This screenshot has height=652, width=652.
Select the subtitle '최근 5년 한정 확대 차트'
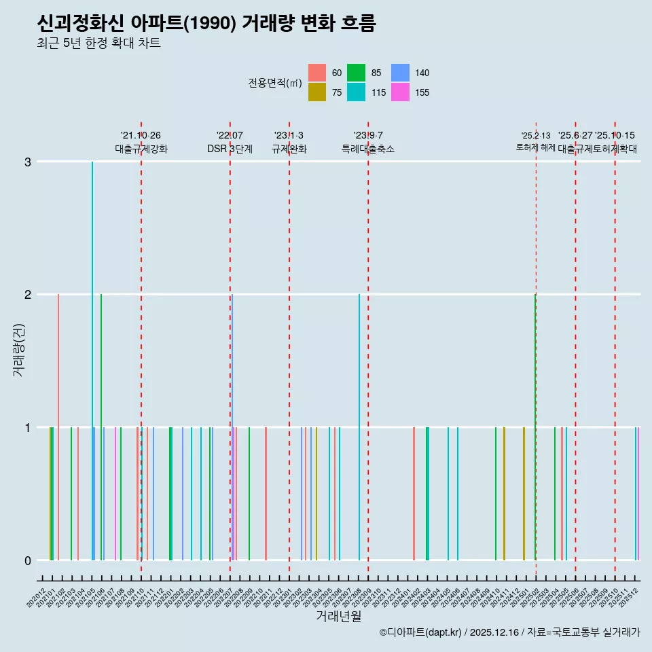pyautogui.click(x=99, y=44)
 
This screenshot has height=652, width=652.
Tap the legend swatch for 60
pyautogui.click(x=317, y=73)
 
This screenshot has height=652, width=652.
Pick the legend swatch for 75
pyautogui.click(x=317, y=92)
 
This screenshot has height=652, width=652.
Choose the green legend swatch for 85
pyautogui.click(x=356, y=73)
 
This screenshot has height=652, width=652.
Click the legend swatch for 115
pyautogui.click(x=356, y=92)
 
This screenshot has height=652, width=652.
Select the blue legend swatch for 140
pyautogui.click(x=401, y=73)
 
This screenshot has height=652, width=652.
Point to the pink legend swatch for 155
pyautogui.click(x=401, y=92)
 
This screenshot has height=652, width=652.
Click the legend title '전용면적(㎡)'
pyautogui.click(x=275, y=83)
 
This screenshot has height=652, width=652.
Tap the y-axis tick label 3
pyautogui.click(x=28, y=162)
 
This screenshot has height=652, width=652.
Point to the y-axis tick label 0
pyautogui.click(x=28, y=560)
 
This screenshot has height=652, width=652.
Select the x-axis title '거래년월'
pyautogui.click(x=338, y=616)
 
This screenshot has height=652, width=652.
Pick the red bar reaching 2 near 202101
pyautogui.click(x=58, y=428)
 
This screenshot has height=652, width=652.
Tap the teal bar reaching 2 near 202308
pyautogui.click(x=359, y=428)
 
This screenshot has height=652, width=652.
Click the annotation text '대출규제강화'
pyautogui.click(x=141, y=149)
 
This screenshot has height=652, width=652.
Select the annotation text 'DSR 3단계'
pyautogui.click(x=230, y=149)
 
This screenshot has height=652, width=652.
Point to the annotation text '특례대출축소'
pyautogui.click(x=367, y=149)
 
